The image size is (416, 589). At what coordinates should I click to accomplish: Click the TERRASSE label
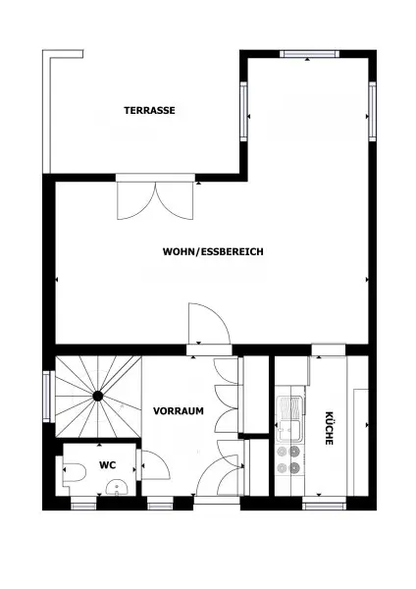click(x=149, y=111)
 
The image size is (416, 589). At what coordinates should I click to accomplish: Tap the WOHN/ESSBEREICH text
click(x=213, y=251)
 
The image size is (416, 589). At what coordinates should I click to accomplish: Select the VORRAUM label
click(x=178, y=411)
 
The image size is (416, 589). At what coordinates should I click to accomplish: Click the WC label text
click(x=107, y=465)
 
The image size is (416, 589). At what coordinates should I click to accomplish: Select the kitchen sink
click(x=288, y=422)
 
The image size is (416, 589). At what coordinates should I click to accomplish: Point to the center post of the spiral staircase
click(x=98, y=396)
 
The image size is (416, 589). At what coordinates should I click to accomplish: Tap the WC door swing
click(x=153, y=465)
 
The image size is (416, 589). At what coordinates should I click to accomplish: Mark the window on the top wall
click(x=309, y=53)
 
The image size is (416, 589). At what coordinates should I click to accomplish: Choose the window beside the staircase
click(x=46, y=397)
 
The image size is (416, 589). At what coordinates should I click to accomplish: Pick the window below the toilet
click(x=84, y=505)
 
